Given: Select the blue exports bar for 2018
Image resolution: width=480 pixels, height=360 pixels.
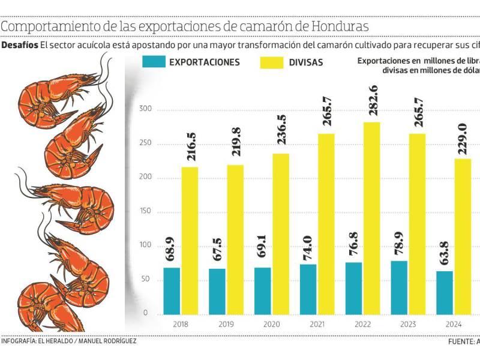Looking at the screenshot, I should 172,290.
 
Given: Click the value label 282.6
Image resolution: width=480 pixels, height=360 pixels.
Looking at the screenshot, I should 372,103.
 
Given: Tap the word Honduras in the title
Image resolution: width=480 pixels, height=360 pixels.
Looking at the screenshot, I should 335,28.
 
